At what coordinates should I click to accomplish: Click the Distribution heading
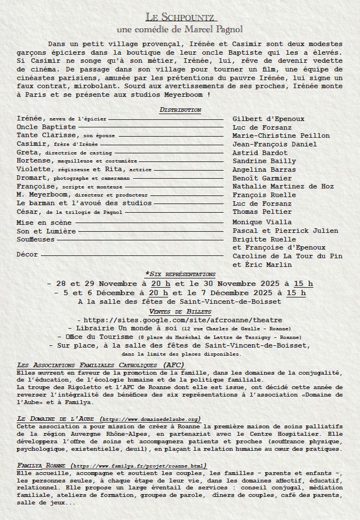[180, 110]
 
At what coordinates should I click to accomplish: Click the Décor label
[28, 254]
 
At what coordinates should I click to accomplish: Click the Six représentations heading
[180, 274]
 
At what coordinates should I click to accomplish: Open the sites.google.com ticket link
[183, 320]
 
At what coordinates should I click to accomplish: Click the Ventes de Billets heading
[180, 311]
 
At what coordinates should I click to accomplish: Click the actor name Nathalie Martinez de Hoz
[283, 186]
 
